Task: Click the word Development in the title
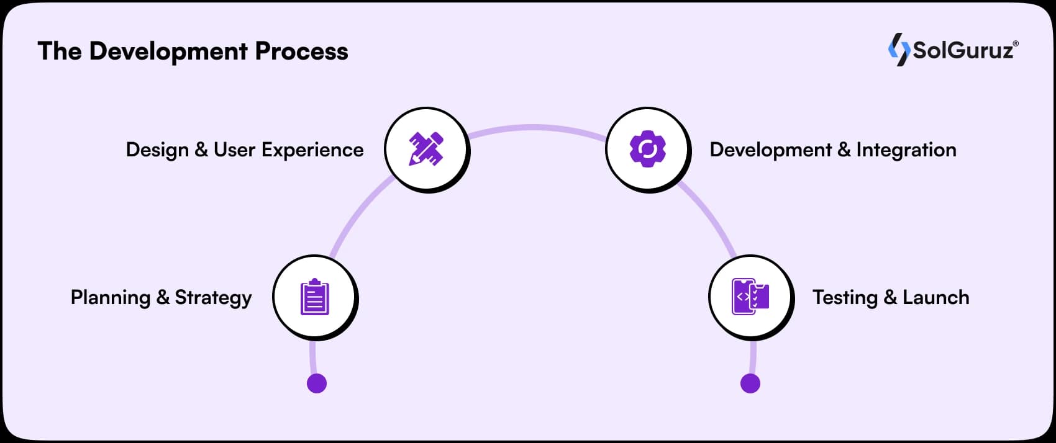click(168, 51)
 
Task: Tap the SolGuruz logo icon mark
click(898, 50)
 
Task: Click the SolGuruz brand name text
click(963, 50)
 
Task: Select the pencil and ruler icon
click(426, 148)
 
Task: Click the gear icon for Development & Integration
click(647, 148)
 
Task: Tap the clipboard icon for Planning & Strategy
click(314, 297)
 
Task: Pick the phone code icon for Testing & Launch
click(750, 297)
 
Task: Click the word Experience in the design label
click(312, 150)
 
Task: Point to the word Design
click(157, 150)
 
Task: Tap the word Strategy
click(213, 298)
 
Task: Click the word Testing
click(845, 297)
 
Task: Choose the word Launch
click(935, 297)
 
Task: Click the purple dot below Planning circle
click(317, 383)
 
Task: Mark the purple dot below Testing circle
click(750, 383)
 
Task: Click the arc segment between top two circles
click(534, 127)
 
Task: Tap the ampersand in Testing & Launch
click(890, 298)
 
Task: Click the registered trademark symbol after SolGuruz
click(1016, 43)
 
